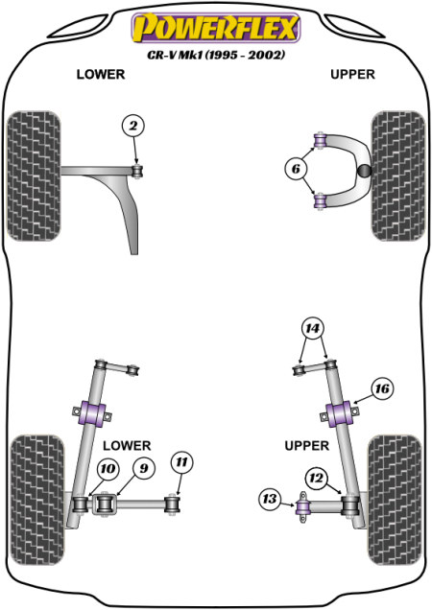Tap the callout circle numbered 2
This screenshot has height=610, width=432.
(133, 126)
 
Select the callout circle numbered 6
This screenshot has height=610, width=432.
(296, 171)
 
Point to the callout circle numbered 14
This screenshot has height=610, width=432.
(312, 328)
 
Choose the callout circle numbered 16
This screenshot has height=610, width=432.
(382, 388)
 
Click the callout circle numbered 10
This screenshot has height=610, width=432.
(108, 469)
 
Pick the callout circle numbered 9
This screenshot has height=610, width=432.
(143, 469)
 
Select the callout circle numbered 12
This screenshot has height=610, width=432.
(317, 476)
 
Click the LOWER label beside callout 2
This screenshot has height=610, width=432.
(99, 75)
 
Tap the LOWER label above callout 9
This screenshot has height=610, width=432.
(127, 445)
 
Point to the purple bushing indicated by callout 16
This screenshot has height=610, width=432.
(340, 416)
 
